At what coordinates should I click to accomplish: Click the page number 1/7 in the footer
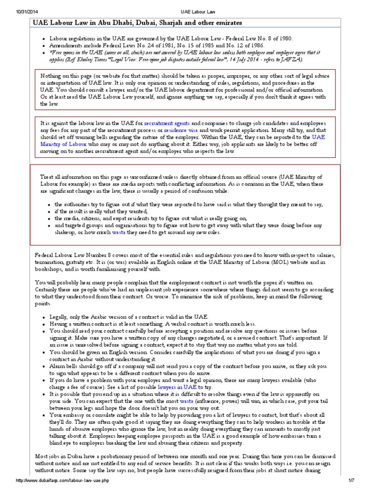point(357,487)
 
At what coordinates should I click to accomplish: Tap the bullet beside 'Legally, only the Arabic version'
point(44,317)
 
